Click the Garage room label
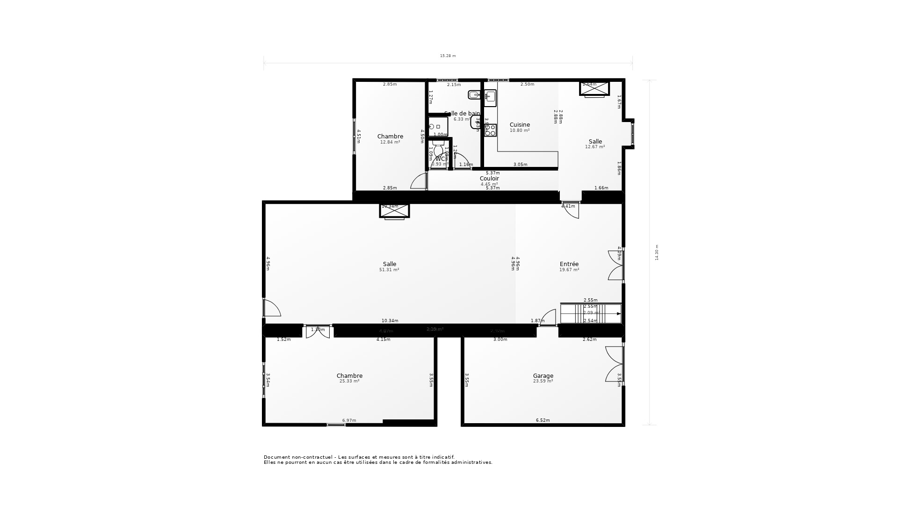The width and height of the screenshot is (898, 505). pos(543,375)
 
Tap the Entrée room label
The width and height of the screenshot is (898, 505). pos(569,264)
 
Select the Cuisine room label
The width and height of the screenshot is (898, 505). pos(520,124)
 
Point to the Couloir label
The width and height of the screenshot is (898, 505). pos(489,178)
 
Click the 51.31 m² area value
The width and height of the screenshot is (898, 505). pos(389,270)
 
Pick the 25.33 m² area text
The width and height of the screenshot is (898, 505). pos(349,381)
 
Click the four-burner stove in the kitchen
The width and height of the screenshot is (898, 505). pos(490,130)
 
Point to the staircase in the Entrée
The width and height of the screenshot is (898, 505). pos(591,313)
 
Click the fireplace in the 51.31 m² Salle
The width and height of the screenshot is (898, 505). pos(394,211)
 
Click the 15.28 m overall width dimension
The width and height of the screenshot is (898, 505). pos(448,56)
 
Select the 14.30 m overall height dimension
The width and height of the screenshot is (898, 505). pos(657,252)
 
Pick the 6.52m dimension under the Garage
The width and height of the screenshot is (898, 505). pos(543,420)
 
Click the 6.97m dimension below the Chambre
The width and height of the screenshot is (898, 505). pos(349,420)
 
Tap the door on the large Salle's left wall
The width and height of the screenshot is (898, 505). pos(271,308)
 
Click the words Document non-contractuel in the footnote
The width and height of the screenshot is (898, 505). pos(298,457)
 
